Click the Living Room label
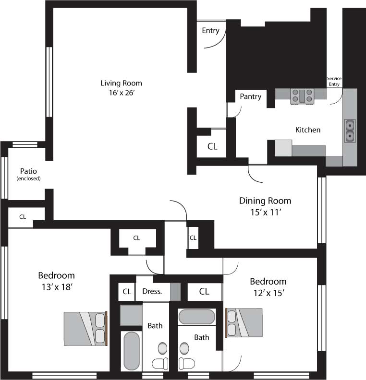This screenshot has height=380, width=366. (x=121, y=83)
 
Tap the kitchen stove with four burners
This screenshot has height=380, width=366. (x=302, y=96)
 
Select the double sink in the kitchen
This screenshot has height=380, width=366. (x=350, y=131)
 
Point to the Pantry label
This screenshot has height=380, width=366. (x=251, y=96)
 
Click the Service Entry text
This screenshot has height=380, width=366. (x=334, y=81)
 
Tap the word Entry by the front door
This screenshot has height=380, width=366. (x=210, y=31)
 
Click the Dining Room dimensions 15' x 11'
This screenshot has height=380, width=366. (x=266, y=212)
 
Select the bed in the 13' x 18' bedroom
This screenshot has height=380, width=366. (x=85, y=328)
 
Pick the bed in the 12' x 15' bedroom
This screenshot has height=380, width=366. (x=244, y=322)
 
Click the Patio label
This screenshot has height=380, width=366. (x=28, y=171)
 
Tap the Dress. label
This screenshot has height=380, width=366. (x=152, y=291)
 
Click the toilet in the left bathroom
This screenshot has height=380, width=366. (x=160, y=364)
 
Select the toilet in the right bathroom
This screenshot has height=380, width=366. (x=187, y=364)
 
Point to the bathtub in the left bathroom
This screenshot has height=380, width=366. (x=132, y=351)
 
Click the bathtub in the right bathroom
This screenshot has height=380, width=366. (x=197, y=317)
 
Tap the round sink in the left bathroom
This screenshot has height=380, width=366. (x=162, y=348)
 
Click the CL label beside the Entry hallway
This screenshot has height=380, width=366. (x=212, y=146)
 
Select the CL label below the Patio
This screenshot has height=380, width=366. (x=23, y=217)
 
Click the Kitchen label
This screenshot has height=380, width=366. (x=308, y=130)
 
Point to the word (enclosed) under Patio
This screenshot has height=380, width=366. (x=28, y=178)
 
